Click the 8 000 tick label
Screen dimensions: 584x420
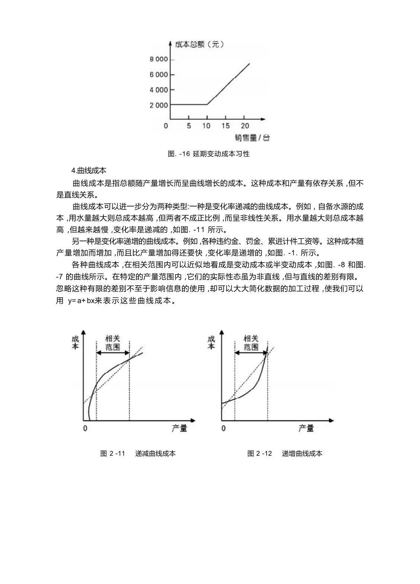[x=158, y=60]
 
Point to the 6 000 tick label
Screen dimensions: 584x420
[x=158, y=75]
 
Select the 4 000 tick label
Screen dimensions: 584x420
[x=158, y=90]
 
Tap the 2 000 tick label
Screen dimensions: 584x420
[x=158, y=105]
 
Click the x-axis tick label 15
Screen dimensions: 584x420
[x=225, y=126]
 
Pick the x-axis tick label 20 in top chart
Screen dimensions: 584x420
[x=245, y=126]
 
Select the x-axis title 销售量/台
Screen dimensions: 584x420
[x=252, y=138]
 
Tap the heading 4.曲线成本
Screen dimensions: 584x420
[x=89, y=171]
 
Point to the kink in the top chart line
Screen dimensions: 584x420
[x=207, y=105]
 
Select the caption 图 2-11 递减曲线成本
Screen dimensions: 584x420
[x=138, y=453]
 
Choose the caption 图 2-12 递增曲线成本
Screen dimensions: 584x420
[x=285, y=453]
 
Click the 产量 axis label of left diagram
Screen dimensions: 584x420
[x=179, y=429]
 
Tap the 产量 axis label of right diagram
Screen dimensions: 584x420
[x=306, y=429]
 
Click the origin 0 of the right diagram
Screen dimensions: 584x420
[x=223, y=429]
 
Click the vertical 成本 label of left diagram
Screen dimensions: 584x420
[x=76, y=342]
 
